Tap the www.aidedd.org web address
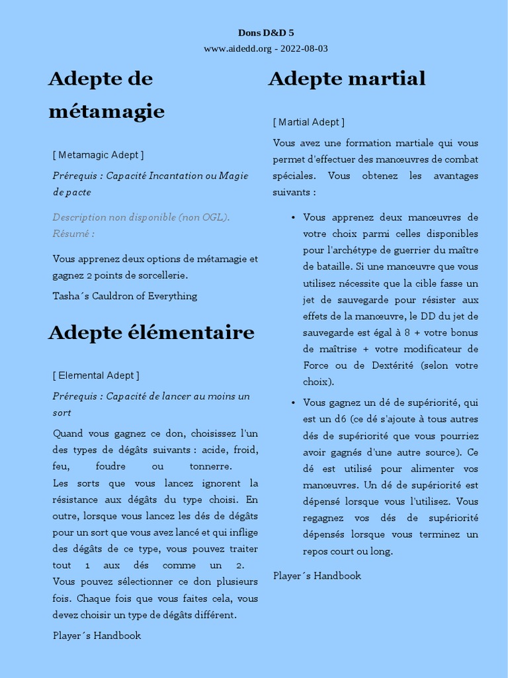(237, 48)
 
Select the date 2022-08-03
(304, 48)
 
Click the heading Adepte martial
(347, 79)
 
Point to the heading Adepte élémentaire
(151, 332)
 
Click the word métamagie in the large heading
(106, 111)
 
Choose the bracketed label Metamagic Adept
(98, 155)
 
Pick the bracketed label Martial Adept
(308, 122)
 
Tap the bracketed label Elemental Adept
(96, 375)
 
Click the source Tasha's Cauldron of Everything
(125, 296)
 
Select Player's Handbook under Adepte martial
(317, 575)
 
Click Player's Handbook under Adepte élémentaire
(97, 635)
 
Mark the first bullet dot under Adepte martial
(293, 217)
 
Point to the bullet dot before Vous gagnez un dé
(293, 403)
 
